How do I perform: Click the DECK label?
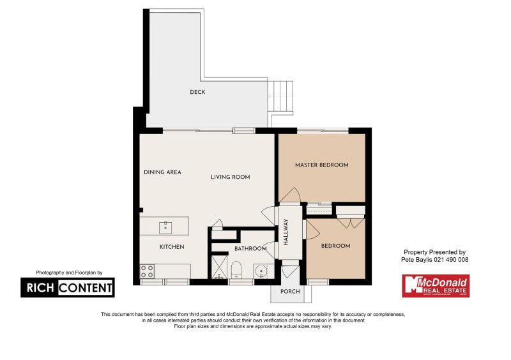tap(197, 93)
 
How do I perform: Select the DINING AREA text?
tap(162, 172)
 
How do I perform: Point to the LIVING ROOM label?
tap(230, 177)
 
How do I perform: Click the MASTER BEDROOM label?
tap(321, 165)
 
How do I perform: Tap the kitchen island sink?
tap(165, 225)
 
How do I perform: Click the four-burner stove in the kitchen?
tap(146, 271)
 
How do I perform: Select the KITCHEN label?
tap(172, 247)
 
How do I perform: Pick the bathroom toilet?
tap(236, 270)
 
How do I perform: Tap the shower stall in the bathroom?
tap(218, 267)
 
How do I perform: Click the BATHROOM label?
tap(250, 249)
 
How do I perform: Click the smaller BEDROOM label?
tap(335, 246)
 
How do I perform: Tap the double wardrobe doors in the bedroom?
tap(351, 222)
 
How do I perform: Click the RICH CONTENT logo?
tap(67, 287)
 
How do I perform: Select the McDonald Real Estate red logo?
tap(435, 285)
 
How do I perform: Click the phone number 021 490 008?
tap(447, 260)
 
